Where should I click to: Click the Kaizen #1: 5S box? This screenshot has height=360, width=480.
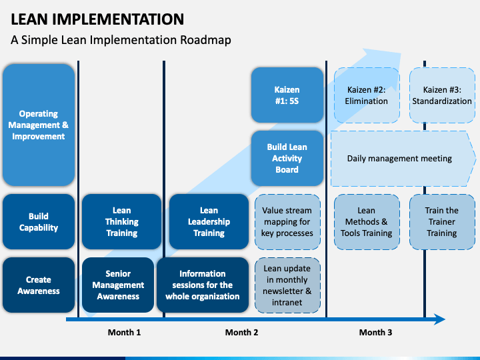tap(287, 95)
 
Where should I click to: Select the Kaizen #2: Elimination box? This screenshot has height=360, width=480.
tap(367, 95)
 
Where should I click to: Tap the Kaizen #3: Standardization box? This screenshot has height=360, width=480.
tap(442, 95)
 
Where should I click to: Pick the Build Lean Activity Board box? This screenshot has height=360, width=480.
tap(287, 158)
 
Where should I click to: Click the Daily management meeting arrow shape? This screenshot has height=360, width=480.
tap(403, 159)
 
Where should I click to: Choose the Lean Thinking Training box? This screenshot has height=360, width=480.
tap(121, 221)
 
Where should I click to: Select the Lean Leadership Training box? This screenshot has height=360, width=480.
tap(209, 221)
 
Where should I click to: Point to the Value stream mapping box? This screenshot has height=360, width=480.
tap(287, 222)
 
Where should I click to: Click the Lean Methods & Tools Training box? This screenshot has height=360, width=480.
tap(367, 222)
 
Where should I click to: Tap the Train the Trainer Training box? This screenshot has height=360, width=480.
tap(442, 222)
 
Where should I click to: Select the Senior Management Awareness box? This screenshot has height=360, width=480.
tap(118, 285)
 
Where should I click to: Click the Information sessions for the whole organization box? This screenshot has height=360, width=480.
tap(203, 285)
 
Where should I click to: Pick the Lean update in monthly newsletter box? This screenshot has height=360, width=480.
tap(287, 285)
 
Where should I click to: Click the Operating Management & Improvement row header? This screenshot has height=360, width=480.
tap(39, 125)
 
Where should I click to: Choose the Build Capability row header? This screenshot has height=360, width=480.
tap(39, 221)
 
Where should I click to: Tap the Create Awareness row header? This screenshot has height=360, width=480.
tap(39, 285)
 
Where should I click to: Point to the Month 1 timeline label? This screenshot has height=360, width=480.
tap(124, 333)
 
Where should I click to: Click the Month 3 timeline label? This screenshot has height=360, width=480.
tap(375, 333)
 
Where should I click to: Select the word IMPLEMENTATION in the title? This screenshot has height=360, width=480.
tap(118, 19)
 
